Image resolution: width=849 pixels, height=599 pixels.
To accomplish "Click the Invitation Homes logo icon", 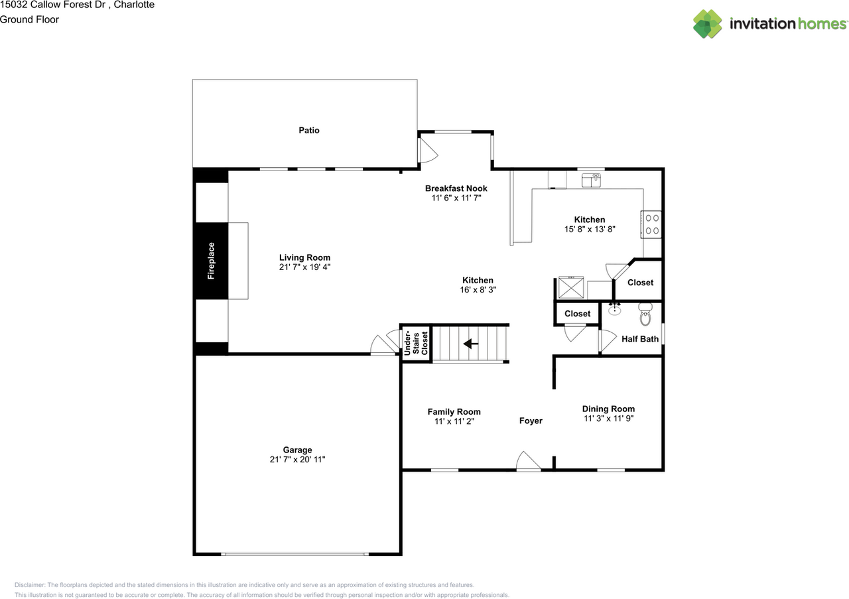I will tap(707, 24).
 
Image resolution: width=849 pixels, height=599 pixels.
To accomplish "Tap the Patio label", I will tap(308, 131).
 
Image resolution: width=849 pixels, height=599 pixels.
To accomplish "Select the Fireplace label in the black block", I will tap(211, 261).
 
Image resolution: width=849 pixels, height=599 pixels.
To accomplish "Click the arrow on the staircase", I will tap(471, 343).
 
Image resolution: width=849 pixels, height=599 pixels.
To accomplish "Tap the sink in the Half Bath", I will tap(615, 308).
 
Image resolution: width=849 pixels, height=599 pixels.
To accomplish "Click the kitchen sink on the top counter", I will tap(591, 179).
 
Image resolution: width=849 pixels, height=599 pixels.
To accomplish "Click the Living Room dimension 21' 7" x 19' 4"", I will tap(304, 267).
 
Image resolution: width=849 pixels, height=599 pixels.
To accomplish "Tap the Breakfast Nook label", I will tap(456, 188).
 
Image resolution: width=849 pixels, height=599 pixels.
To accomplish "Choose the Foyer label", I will tap(531, 421).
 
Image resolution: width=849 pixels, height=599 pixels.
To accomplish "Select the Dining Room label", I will tap(608, 409).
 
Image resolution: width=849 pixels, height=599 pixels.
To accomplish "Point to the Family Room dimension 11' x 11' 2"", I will tap(454, 421).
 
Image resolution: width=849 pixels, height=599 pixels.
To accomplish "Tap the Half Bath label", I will tap(640, 339).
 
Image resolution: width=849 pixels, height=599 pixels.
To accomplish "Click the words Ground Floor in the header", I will tap(29, 19).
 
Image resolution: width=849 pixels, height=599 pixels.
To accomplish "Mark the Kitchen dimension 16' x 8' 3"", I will tap(478, 290).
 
